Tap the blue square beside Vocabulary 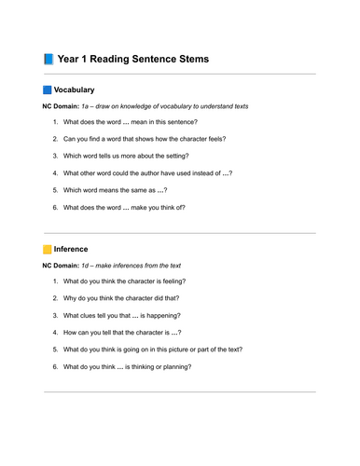click(x=48, y=90)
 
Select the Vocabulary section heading click(x=74, y=90)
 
